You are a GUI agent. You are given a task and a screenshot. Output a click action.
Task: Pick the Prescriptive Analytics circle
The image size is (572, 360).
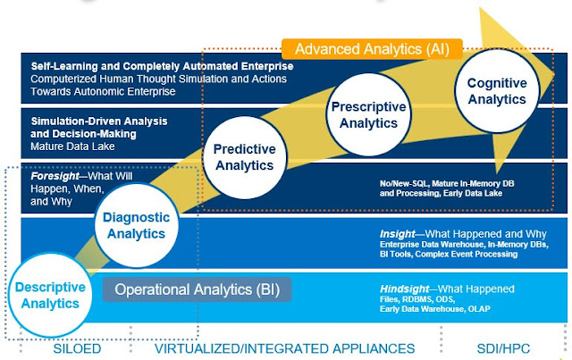coord(369,114)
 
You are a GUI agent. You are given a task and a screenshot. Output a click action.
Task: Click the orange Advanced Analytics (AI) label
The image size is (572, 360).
coord(371,48)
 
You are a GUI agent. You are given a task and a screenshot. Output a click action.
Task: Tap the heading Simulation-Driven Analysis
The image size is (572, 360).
coord(99,120)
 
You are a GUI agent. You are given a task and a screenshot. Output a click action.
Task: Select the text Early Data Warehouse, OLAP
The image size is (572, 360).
coord(433,310)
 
